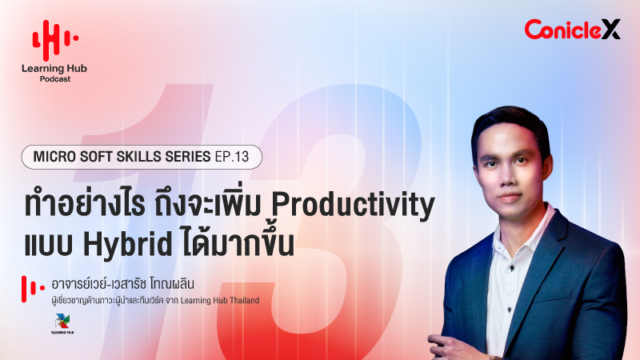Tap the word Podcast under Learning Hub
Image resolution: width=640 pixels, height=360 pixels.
point(54,79)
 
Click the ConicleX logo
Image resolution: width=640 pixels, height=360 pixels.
point(572,30)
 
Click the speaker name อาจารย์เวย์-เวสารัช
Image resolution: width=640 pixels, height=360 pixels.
point(111,285)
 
